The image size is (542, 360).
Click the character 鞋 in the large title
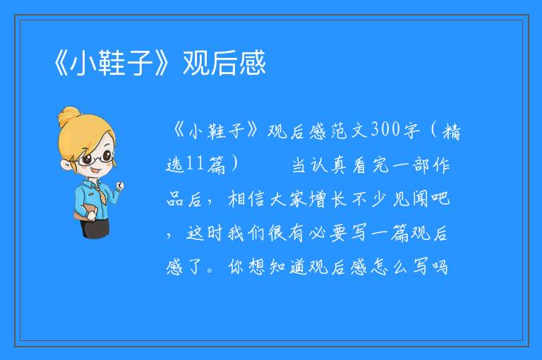[112, 63]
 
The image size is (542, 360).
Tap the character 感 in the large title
[253, 63]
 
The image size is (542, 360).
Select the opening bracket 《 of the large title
[61, 63]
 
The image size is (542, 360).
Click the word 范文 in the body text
[349, 131]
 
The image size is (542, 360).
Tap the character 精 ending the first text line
[452, 131]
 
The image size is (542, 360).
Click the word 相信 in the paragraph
[246, 199]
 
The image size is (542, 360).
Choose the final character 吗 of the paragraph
[440, 267]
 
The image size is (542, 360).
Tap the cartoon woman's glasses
[95, 158]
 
